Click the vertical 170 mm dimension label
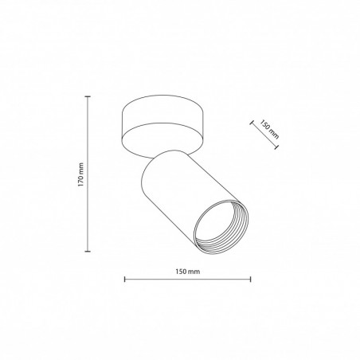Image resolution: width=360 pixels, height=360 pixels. (x=80, y=174)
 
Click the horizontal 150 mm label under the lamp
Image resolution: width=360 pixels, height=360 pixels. (x=187, y=272)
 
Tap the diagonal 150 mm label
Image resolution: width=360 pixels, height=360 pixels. (x=269, y=129)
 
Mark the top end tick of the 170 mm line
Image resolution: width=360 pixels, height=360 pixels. (x=88, y=96)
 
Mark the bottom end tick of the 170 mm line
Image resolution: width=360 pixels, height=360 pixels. (x=88, y=251)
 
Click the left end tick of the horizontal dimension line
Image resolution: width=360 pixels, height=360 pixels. (x=125, y=279)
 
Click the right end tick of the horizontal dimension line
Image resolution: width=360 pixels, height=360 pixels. (x=250, y=279)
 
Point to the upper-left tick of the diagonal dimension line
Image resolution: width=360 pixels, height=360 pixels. (x=251, y=122)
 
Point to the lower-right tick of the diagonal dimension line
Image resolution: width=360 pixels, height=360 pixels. (x=276, y=147)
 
